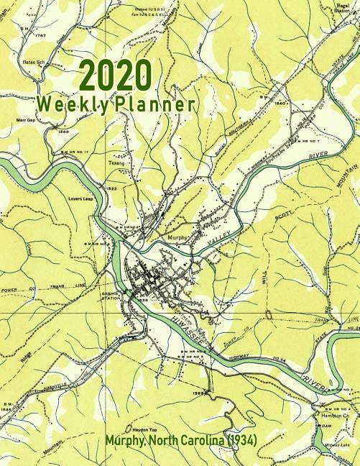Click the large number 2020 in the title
[115, 75]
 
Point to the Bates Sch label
[34, 63]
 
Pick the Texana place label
[116, 164]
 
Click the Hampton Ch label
[334, 416]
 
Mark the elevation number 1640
[280, 104]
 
